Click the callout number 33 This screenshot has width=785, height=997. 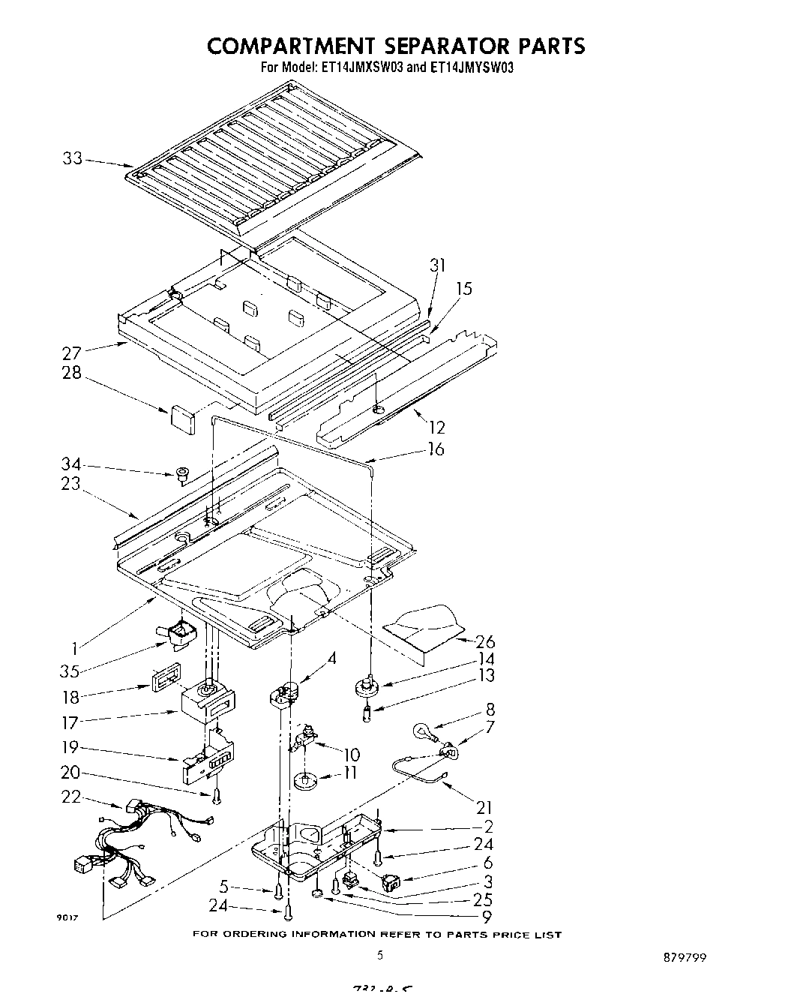(x=73, y=159)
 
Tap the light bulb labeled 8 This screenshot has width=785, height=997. (x=423, y=731)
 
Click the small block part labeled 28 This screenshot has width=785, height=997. (x=182, y=417)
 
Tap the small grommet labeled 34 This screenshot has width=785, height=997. (x=181, y=474)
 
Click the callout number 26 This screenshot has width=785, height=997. (x=484, y=641)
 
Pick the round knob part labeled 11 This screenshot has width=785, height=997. (x=305, y=781)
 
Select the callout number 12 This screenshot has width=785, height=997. (x=436, y=428)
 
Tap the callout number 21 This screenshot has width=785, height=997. (x=484, y=807)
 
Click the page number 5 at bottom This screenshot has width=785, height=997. (x=380, y=955)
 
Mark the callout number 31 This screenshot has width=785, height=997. (x=438, y=265)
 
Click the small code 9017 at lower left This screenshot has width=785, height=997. (x=69, y=917)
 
